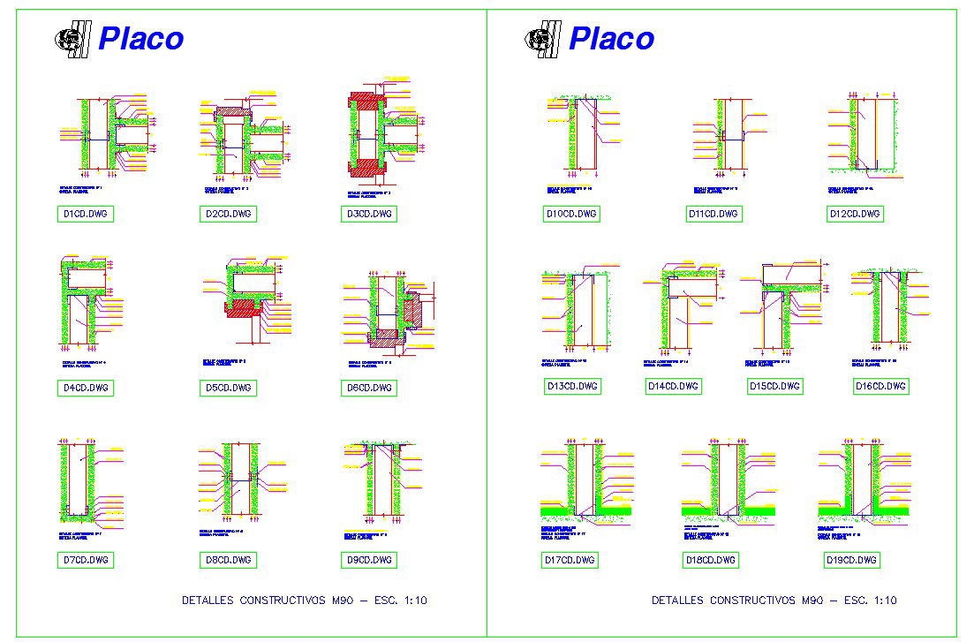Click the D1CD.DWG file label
click(x=87, y=214)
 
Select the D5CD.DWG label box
click(x=229, y=388)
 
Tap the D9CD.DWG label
click(x=370, y=560)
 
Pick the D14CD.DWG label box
click(x=674, y=386)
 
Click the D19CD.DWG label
click(x=852, y=560)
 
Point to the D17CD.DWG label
click(x=570, y=560)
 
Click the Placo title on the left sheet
click(x=141, y=38)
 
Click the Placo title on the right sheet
click(x=611, y=38)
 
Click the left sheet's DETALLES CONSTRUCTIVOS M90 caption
click(x=305, y=600)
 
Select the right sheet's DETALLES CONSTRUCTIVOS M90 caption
click(x=774, y=600)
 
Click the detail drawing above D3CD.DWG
click(x=381, y=132)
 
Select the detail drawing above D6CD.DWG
click(x=389, y=313)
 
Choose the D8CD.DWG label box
click(x=229, y=560)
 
